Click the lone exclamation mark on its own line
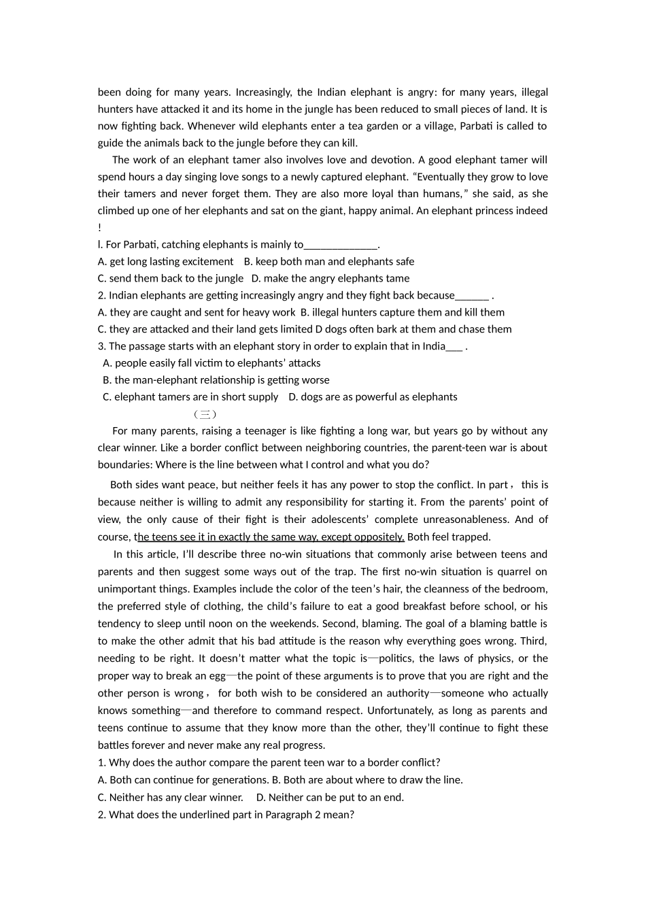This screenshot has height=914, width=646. pyautogui.click(x=100, y=228)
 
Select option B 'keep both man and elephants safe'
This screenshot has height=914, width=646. pyautogui.click(x=329, y=262)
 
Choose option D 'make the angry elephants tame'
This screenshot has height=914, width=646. pyautogui.click(x=330, y=279)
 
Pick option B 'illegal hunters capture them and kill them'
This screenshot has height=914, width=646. pyautogui.click(x=403, y=313)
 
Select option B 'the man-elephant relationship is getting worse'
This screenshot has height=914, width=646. pyautogui.click(x=216, y=380)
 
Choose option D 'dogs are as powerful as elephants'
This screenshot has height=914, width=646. pyautogui.click(x=373, y=397)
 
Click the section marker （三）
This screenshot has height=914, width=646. pyautogui.click(x=205, y=414)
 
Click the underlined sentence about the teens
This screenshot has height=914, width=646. pyautogui.click(x=271, y=537)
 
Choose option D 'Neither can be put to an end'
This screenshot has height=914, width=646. pyautogui.click(x=330, y=798)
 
